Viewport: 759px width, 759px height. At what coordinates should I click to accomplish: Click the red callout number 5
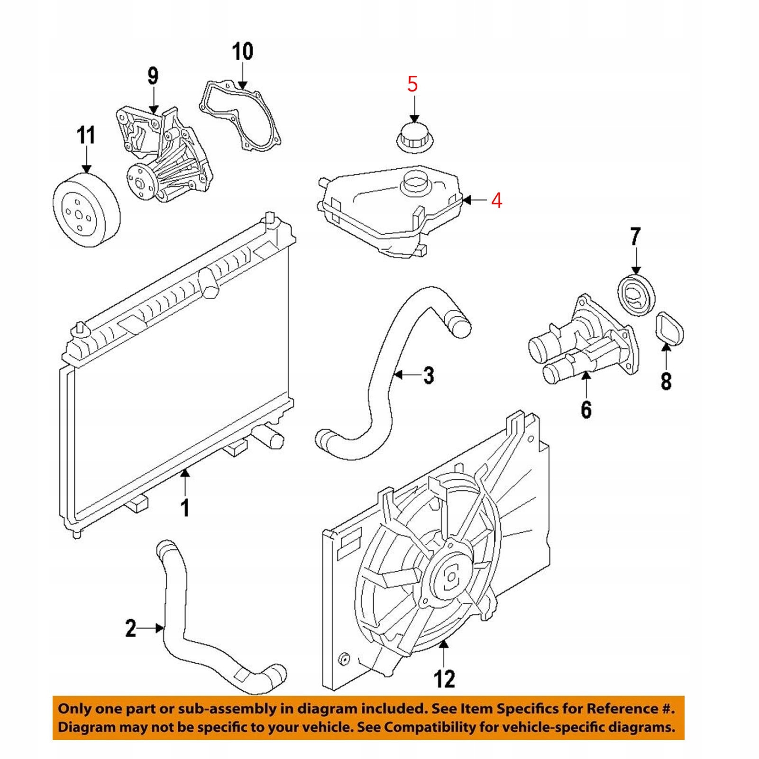[x=412, y=84]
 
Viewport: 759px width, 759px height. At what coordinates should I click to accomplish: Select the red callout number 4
[x=496, y=201]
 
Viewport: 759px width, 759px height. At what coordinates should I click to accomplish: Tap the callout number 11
[x=86, y=135]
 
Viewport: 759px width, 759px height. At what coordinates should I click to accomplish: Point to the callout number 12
[x=444, y=679]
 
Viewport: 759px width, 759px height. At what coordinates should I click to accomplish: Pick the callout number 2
[x=130, y=628]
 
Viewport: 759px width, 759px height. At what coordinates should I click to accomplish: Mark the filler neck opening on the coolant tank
[x=416, y=182]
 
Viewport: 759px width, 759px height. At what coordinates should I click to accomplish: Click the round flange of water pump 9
[x=141, y=183]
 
